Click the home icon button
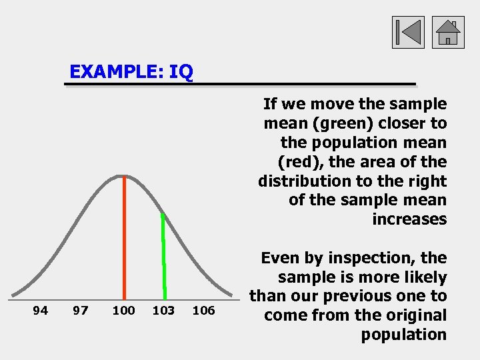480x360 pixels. click(448, 32)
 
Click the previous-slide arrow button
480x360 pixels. click(408, 32)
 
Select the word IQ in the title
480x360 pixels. click(181, 71)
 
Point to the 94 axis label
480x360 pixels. click(41, 310)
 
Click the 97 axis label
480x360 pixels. click(81, 310)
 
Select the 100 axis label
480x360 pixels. click(123, 310)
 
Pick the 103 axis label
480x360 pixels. click(164, 310)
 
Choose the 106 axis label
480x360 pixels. click(204, 310)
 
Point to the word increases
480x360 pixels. click(409, 220)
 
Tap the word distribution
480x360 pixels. click(300, 181)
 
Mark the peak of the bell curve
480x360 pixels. click(123, 176)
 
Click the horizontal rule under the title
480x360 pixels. click(240, 85)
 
